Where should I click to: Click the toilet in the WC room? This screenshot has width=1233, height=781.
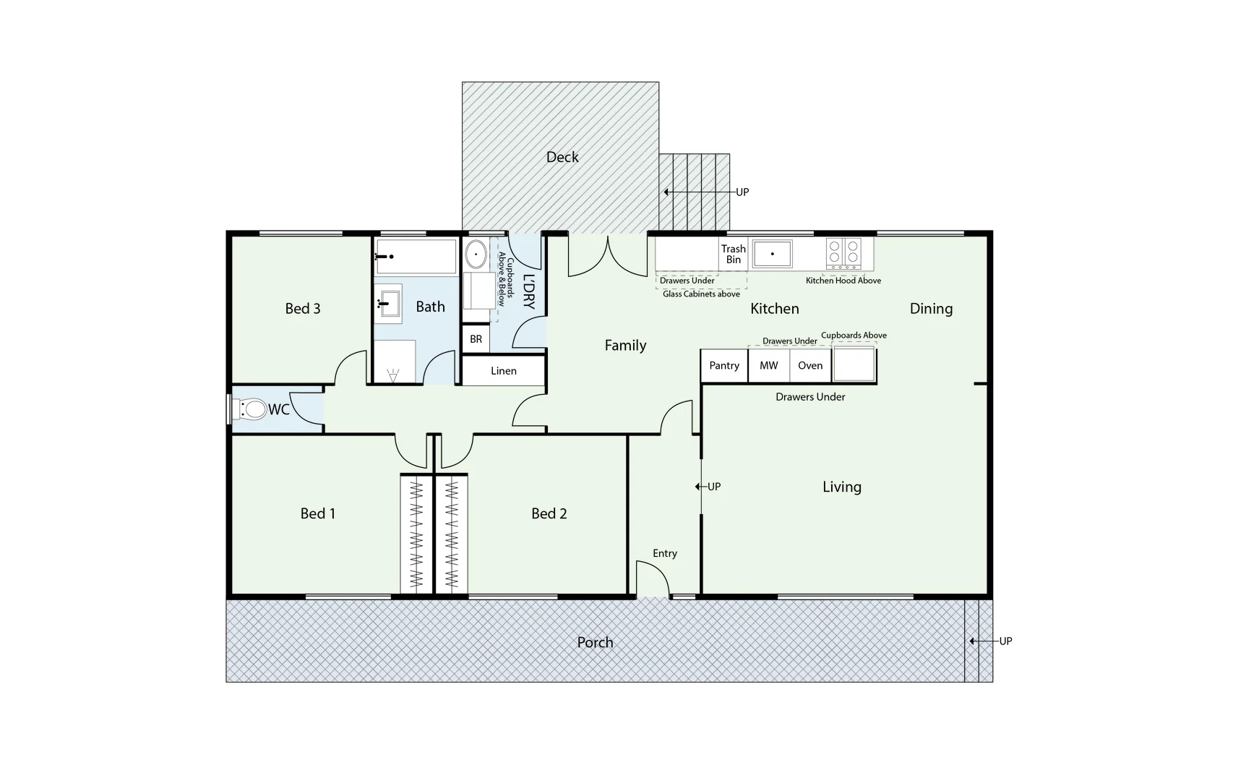tap(249, 409)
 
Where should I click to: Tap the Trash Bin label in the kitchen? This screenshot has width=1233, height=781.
tap(733, 254)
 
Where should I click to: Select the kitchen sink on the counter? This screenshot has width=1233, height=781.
tap(772, 254)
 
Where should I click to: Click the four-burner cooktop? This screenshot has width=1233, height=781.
tap(843, 252)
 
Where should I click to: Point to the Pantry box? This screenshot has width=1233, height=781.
tap(724, 366)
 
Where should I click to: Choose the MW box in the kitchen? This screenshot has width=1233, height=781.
tap(768, 366)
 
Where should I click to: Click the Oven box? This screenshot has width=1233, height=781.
tap(810, 366)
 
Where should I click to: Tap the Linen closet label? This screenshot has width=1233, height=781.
tap(503, 371)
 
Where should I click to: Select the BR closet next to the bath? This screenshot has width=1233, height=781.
tap(476, 339)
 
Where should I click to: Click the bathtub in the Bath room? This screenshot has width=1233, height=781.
tap(416, 257)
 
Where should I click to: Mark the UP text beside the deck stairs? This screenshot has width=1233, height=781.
tap(742, 192)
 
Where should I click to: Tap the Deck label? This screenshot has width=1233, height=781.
tap(562, 157)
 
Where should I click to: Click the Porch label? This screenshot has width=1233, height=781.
tap(595, 642)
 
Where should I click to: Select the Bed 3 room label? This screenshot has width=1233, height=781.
tap(302, 309)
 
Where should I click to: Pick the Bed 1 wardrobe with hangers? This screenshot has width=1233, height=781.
tap(416, 534)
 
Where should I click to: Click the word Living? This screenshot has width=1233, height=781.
tap(841, 487)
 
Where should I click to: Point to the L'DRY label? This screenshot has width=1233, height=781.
tap(528, 291)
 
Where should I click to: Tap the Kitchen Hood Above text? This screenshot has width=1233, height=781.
tap(843, 281)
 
